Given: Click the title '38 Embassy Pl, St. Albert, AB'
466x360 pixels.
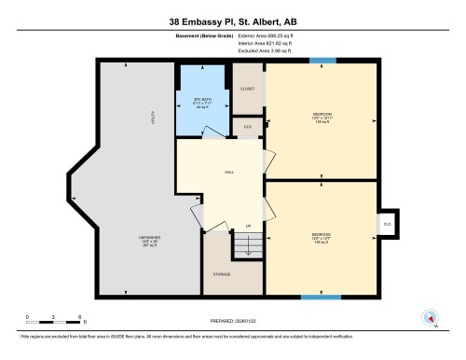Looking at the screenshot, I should coord(232,21).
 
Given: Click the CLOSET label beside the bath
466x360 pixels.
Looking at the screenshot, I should coord(248,89).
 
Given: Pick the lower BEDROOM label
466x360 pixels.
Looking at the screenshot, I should coord(321,237).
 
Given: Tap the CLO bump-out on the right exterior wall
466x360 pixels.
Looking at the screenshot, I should coord(386,224).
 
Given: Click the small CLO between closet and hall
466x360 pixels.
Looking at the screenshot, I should coord(248,127).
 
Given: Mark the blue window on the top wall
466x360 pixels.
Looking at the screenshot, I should coord(322,63).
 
